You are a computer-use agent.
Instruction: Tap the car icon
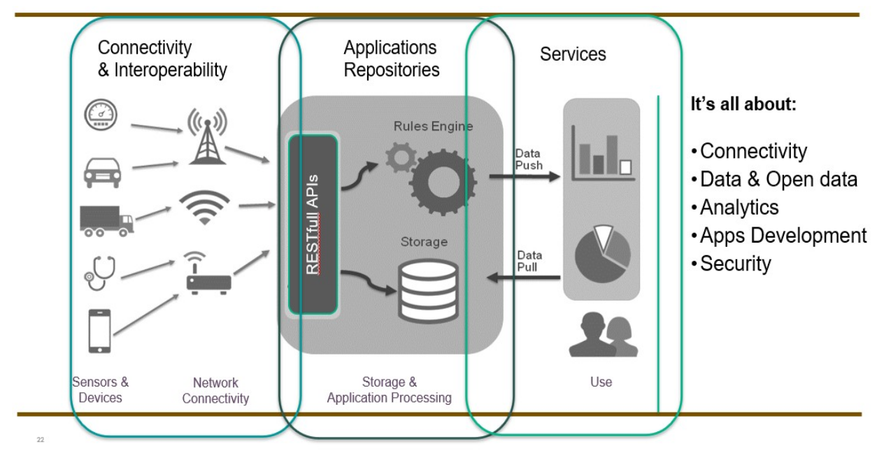point(102,172)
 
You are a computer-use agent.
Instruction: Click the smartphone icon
point(100,331)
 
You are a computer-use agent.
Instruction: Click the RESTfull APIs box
point(313,224)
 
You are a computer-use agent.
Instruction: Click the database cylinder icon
point(429,290)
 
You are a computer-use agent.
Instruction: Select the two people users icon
point(602,336)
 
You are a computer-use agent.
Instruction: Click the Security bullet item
point(735,263)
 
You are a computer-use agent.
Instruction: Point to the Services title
point(573,54)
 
